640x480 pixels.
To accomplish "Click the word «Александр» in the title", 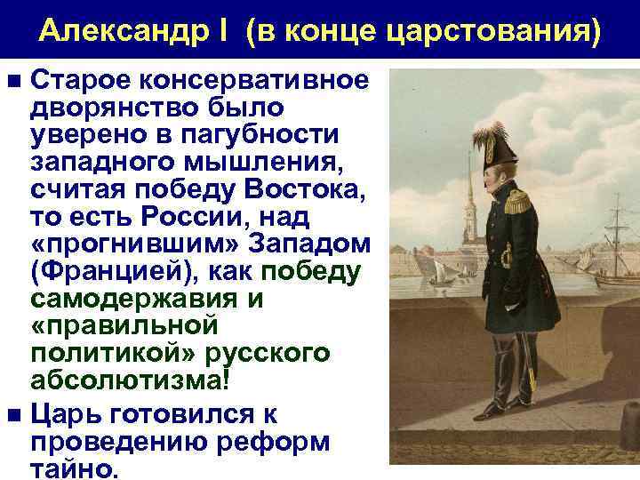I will (116, 32).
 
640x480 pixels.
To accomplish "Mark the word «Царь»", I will (65, 413).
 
